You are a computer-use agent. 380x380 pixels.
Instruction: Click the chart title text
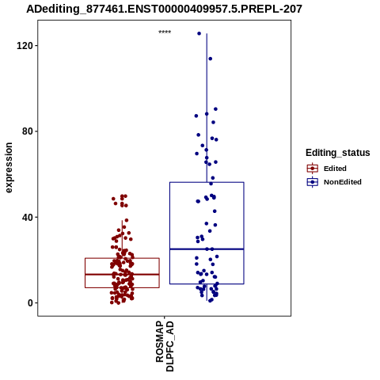point(164,9)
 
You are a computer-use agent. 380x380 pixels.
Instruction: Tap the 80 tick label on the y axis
point(27,131)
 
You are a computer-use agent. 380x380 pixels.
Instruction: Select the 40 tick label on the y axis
point(27,217)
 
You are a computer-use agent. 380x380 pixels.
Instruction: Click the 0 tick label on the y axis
point(30,303)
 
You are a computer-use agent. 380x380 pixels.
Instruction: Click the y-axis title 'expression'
point(9,168)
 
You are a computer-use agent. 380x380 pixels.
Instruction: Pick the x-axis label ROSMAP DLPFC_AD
point(165,346)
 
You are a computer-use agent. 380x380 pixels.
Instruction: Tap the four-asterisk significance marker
point(165,32)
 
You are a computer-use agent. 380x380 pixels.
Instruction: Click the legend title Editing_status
point(338,153)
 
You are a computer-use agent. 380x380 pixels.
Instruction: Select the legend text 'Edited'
point(335,169)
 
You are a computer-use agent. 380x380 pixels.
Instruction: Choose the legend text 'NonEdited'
point(343,182)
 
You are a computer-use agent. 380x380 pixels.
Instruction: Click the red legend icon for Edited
point(313,169)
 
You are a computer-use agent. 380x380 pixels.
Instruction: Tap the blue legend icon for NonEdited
point(313,182)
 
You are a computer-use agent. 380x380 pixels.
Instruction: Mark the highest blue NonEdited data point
point(199,33)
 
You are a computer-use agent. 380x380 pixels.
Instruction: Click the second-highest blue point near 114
point(210,59)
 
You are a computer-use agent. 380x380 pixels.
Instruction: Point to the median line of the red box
point(122,275)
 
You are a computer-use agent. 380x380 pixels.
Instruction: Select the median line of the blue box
point(207,249)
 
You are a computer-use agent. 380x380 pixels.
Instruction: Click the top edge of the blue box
point(207,182)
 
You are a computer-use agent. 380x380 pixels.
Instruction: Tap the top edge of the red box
point(122,258)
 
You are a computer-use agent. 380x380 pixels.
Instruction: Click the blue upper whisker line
point(207,108)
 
